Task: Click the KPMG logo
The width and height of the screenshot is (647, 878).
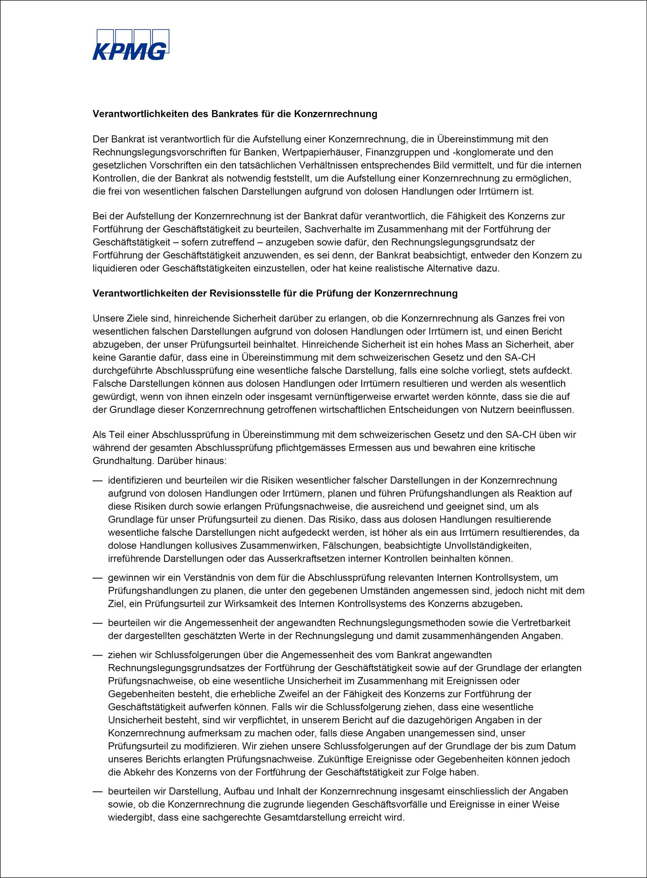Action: [x=130, y=45]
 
